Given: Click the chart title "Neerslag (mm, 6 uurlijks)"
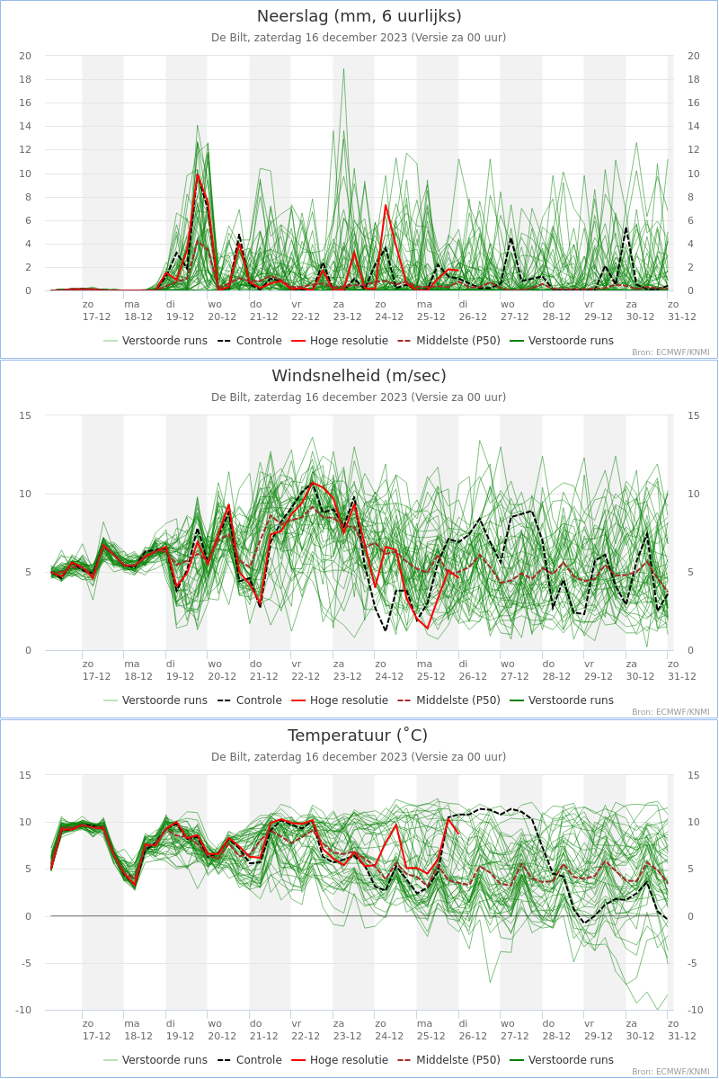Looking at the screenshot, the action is (359, 16).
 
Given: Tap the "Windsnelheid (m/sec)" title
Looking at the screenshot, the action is (359, 376).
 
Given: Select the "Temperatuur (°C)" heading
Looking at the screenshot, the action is (358, 736).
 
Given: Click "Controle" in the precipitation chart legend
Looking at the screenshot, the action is (259, 341).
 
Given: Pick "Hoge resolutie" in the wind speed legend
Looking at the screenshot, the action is (349, 700).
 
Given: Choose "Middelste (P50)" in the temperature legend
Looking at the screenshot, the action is (458, 1060).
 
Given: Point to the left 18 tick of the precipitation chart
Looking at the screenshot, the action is (25, 79).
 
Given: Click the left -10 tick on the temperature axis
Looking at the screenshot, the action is (22, 1010).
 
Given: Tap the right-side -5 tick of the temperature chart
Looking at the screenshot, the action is (691, 963).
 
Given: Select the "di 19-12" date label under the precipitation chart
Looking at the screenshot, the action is (180, 311).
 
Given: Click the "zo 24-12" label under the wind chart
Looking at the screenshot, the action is (389, 670).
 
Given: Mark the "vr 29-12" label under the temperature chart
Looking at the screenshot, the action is (599, 1030).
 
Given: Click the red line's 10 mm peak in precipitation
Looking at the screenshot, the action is (198, 174).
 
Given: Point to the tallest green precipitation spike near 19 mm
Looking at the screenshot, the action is (343, 69).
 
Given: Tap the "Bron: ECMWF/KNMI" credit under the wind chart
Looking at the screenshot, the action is (670, 712).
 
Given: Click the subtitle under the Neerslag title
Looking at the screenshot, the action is (359, 38).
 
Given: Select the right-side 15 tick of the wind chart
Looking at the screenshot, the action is (693, 415).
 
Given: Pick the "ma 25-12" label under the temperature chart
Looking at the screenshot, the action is (431, 1030).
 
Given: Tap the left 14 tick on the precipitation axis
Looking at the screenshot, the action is (25, 126).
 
